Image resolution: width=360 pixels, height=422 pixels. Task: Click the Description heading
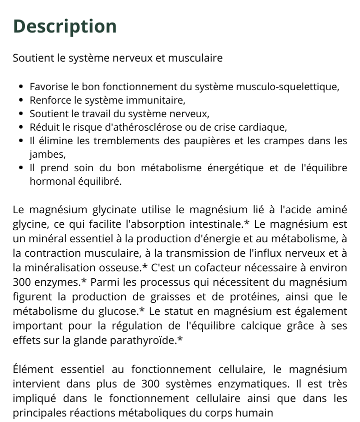click(x=64, y=26)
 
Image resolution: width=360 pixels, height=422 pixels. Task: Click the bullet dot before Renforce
click(x=20, y=101)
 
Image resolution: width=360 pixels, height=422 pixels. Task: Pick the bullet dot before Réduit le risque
click(x=20, y=128)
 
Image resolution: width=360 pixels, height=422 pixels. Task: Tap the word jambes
click(x=46, y=154)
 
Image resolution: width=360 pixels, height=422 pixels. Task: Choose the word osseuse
click(x=122, y=268)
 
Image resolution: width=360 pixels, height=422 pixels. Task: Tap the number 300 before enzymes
click(x=21, y=282)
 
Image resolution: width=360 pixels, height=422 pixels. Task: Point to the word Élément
click(x=31, y=369)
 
